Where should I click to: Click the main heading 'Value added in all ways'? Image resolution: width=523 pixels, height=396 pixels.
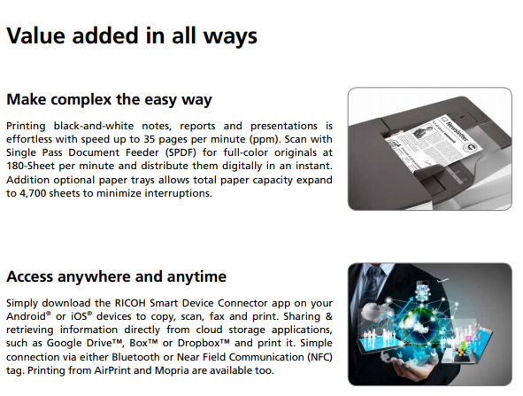coord(132,36)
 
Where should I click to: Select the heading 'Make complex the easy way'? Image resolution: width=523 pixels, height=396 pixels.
coord(109,100)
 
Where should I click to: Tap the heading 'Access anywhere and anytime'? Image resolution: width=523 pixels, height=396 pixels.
coord(117,276)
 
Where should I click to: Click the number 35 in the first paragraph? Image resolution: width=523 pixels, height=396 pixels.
coord(150,139)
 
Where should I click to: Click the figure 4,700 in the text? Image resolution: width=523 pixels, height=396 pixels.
coord(33,193)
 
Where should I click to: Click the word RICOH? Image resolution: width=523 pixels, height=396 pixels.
coord(130,303)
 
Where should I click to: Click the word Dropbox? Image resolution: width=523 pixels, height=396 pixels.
coord(201,343)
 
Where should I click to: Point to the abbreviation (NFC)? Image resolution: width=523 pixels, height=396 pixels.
coord(319,357)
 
